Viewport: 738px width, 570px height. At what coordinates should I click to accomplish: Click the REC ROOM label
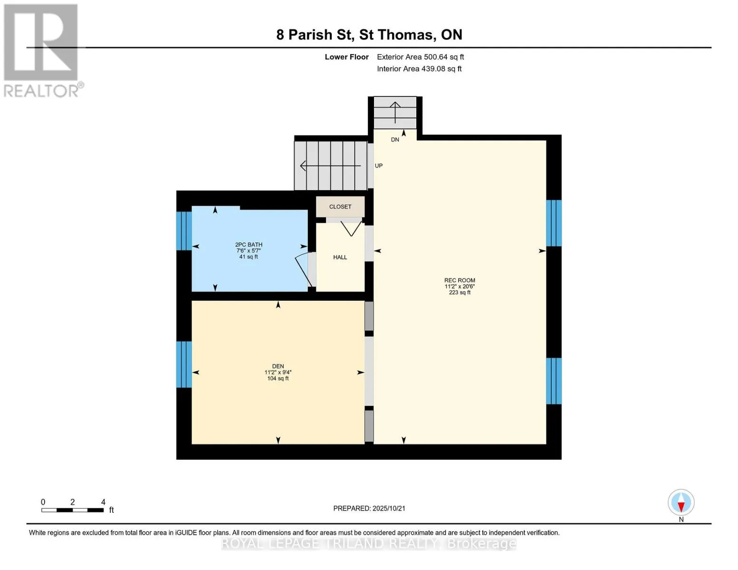pos(460,280)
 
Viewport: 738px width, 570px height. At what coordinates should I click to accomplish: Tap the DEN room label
pos(278,366)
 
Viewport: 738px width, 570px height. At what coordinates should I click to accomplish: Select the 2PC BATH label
pos(249,245)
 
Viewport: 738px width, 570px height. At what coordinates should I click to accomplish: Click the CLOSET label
pos(340,207)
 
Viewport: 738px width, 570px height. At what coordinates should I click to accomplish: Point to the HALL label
pos(340,257)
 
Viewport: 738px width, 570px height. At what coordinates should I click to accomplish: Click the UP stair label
pos(379,166)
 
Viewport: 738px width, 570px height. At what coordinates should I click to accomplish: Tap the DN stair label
pos(395,140)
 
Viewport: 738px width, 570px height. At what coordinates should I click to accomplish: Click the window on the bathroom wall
pos(184,231)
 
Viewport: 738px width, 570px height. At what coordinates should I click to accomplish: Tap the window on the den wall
pos(184,364)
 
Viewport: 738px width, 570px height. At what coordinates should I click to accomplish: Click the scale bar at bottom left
pos(73,510)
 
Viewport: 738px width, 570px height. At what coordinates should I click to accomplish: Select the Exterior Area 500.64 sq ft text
pos(421,57)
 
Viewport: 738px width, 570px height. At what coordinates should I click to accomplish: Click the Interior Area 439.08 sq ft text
pos(420,69)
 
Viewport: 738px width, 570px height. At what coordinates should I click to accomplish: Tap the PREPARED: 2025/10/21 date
pos(369,509)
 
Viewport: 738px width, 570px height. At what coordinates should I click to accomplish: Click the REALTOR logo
pos(42,51)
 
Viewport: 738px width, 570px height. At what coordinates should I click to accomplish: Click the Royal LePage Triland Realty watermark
pos(369,544)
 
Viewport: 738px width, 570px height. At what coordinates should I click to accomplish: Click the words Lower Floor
pos(346,57)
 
